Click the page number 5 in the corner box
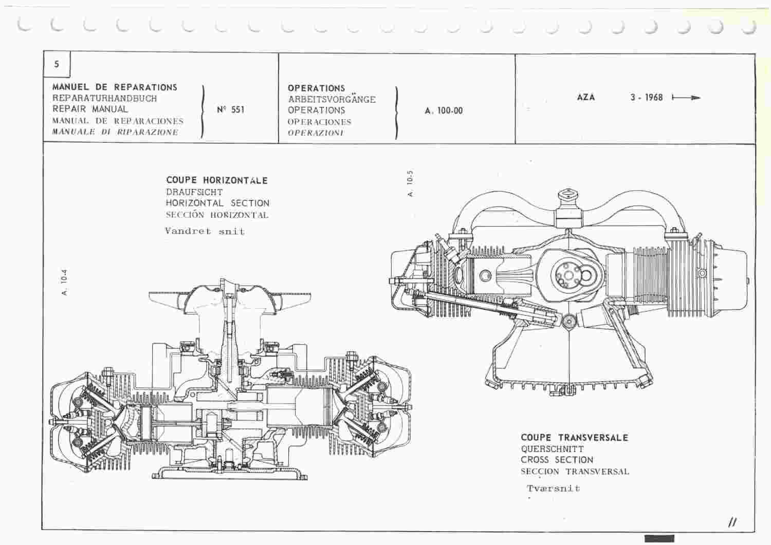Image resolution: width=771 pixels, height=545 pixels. point(57,64)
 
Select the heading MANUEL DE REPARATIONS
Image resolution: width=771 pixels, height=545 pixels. point(115,87)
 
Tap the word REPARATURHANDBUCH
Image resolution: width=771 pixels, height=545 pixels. point(105,99)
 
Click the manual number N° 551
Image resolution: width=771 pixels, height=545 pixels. point(231,110)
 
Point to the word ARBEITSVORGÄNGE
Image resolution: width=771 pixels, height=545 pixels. point(332,100)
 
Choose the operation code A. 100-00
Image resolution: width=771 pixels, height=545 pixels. point(444,111)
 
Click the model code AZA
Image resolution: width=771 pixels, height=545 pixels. point(586,98)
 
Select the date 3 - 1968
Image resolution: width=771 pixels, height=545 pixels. point(647,98)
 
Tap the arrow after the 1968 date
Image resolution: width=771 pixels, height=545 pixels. point(686,98)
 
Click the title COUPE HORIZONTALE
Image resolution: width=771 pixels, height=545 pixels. point(217,180)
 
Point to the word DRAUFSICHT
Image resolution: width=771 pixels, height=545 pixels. point(194,192)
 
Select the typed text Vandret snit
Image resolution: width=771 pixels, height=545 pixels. point(205,231)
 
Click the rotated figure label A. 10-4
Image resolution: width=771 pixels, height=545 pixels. point(64,282)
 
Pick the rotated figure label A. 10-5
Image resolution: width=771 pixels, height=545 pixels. point(410,183)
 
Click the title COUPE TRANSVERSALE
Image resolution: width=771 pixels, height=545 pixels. point(575,438)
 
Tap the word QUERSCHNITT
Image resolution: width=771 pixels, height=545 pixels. point(552,449)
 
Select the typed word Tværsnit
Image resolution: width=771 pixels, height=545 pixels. point(554,488)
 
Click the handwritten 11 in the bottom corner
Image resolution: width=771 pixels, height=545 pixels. point(732,522)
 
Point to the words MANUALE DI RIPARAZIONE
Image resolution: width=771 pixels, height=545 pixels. point(115,132)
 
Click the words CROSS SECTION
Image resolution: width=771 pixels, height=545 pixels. point(557,460)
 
